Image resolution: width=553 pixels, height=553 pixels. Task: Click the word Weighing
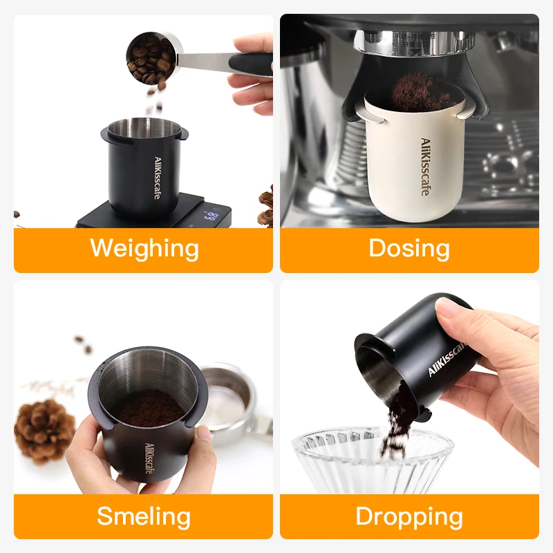[x=144, y=249]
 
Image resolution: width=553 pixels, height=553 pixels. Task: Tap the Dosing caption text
[x=409, y=248]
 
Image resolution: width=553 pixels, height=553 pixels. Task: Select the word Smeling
[x=144, y=516]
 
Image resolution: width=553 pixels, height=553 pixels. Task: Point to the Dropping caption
[x=409, y=517]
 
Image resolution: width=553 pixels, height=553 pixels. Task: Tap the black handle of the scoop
[x=251, y=64]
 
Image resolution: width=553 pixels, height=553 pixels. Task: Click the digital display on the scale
[x=211, y=216]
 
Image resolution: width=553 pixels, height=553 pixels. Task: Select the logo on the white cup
[x=425, y=167]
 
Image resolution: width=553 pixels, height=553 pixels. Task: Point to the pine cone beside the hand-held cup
[x=44, y=431]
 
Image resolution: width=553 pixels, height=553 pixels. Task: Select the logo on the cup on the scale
[x=158, y=178]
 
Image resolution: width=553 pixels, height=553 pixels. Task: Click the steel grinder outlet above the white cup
[x=415, y=43]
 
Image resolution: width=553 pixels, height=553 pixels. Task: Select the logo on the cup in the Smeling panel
[x=149, y=458]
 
